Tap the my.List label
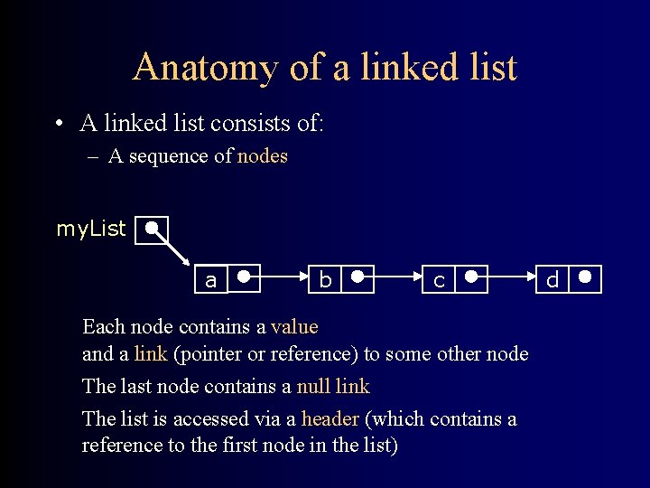pyautogui.click(x=91, y=230)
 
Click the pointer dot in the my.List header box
pyautogui.click(x=153, y=228)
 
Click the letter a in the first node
pyautogui.click(x=210, y=281)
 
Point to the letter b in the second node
pyautogui.click(x=325, y=281)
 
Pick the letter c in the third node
pyautogui.click(x=439, y=281)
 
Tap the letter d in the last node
pyautogui.click(x=552, y=281)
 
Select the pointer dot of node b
pyautogui.click(x=358, y=277)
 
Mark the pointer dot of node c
pyautogui.click(x=472, y=277)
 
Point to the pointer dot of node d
pyautogui.click(x=586, y=277)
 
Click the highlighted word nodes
pyautogui.click(x=263, y=156)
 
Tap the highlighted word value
pyautogui.click(x=294, y=326)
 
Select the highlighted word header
pyautogui.click(x=330, y=419)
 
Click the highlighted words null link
pyautogui.click(x=333, y=387)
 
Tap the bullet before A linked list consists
pyautogui.click(x=58, y=124)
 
